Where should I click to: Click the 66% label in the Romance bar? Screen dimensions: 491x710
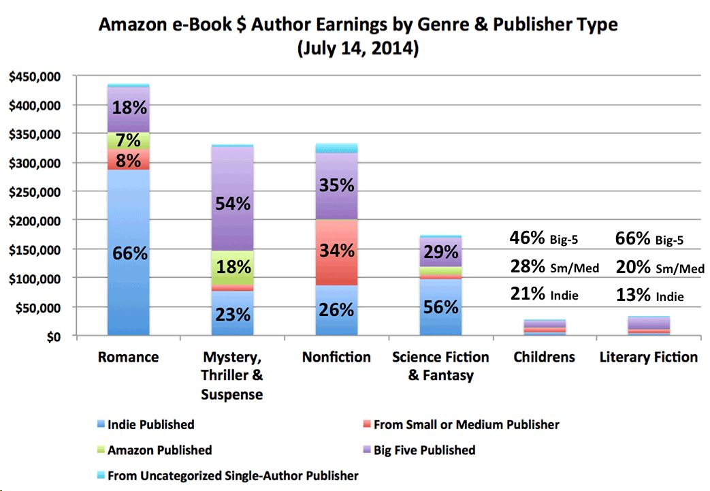[129, 253]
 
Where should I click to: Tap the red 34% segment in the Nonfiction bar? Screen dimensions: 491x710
[336, 250]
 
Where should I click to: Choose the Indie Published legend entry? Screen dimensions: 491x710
[150, 424]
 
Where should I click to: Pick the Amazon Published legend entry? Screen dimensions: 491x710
[159, 450]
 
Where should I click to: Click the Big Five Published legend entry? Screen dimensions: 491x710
[423, 450]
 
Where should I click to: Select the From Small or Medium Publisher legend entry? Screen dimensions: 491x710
[466, 424]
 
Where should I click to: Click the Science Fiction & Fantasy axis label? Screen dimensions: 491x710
[440, 366]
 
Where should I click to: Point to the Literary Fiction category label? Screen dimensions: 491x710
[648, 357]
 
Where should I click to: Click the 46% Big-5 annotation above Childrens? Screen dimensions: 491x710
[544, 238]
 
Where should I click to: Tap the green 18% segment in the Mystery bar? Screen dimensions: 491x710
[233, 267]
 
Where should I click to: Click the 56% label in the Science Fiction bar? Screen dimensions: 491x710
[440, 306]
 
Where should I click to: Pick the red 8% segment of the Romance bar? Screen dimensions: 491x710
[129, 161]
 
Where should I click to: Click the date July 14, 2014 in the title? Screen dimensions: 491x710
[357, 50]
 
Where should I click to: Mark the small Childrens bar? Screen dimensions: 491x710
[544, 327]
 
